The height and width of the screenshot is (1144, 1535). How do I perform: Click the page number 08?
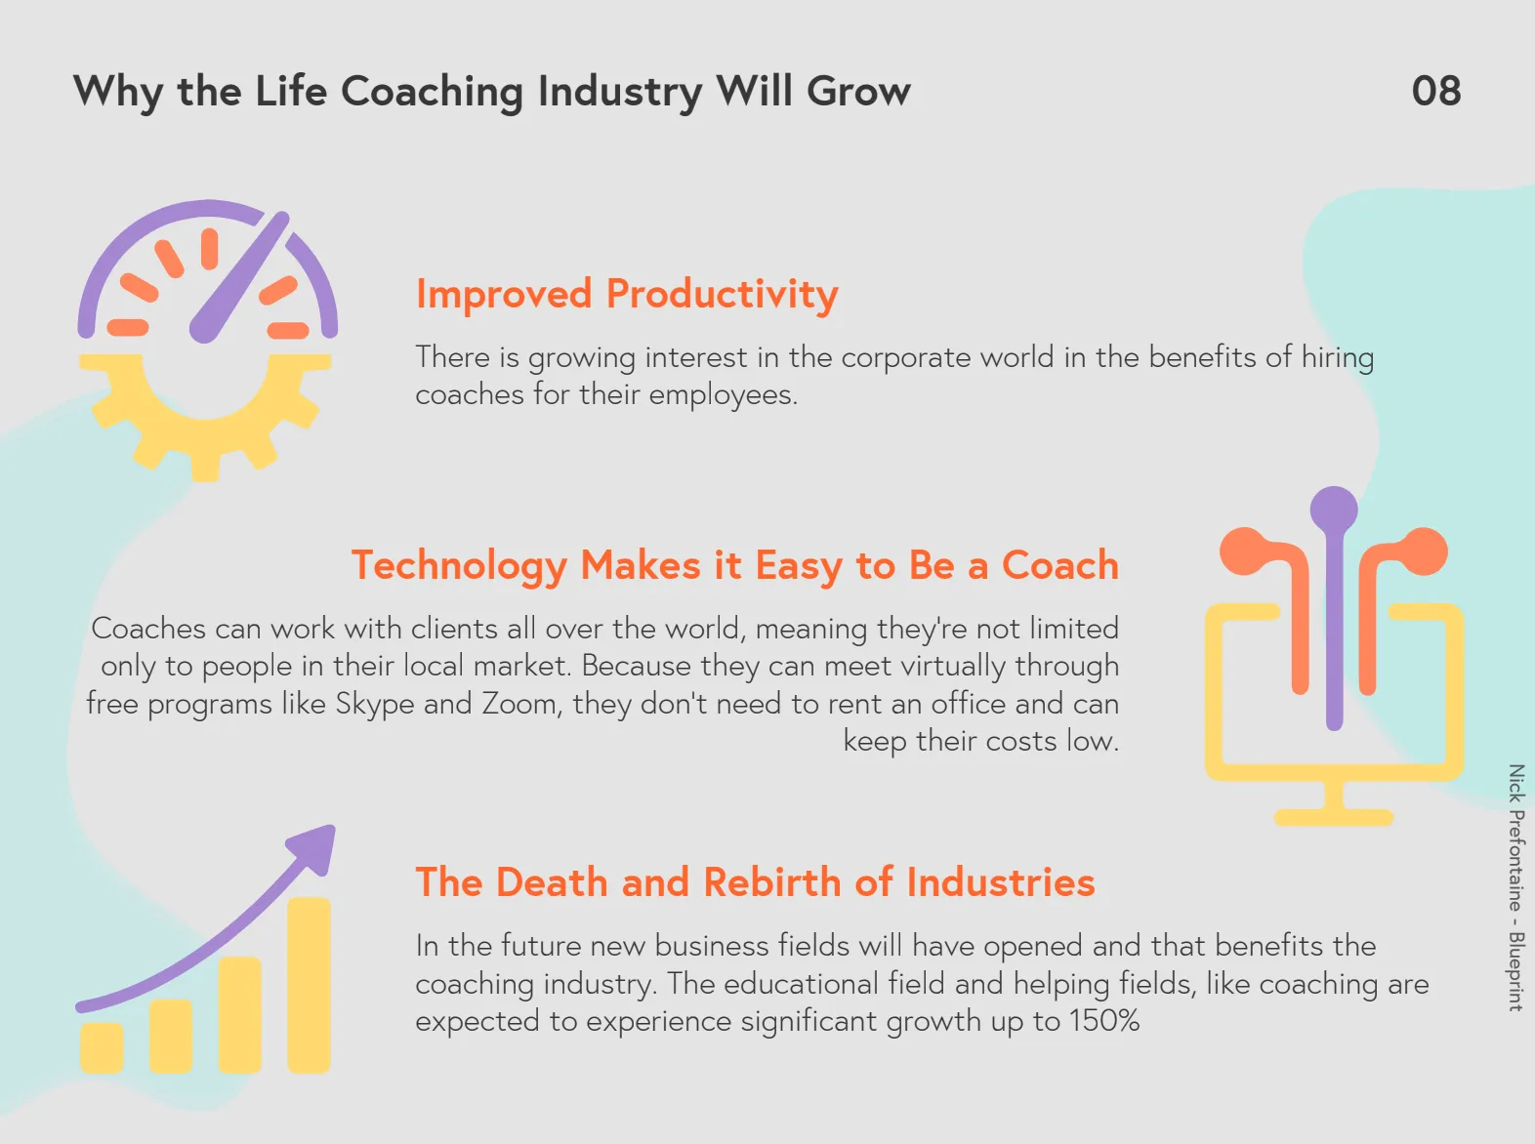[x=1436, y=91]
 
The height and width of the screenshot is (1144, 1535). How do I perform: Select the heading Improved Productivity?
[x=627, y=294]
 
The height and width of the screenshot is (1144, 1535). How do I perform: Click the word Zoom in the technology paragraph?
[x=521, y=704]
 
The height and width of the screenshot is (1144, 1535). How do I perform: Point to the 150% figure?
[x=1104, y=1021]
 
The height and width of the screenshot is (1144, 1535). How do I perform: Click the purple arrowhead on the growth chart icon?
[x=314, y=846]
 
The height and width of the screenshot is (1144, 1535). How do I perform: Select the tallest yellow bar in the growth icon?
[x=309, y=985]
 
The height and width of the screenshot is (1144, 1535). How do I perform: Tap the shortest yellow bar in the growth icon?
[x=102, y=1046]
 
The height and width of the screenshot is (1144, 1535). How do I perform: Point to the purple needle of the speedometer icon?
[x=239, y=277]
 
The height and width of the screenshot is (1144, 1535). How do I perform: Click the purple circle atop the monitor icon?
[x=1334, y=510]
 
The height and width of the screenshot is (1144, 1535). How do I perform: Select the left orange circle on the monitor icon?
[x=1244, y=552]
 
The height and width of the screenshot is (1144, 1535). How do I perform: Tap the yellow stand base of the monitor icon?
[x=1334, y=817]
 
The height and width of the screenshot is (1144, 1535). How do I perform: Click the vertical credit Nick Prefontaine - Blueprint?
[x=1515, y=887]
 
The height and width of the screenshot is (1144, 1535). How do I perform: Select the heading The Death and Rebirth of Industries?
[x=755, y=882]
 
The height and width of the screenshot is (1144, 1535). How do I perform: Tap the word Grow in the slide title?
[x=858, y=91]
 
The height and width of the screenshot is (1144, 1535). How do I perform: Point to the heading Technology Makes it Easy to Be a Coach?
[x=735, y=565]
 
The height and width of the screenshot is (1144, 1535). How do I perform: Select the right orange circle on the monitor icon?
[x=1423, y=552]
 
